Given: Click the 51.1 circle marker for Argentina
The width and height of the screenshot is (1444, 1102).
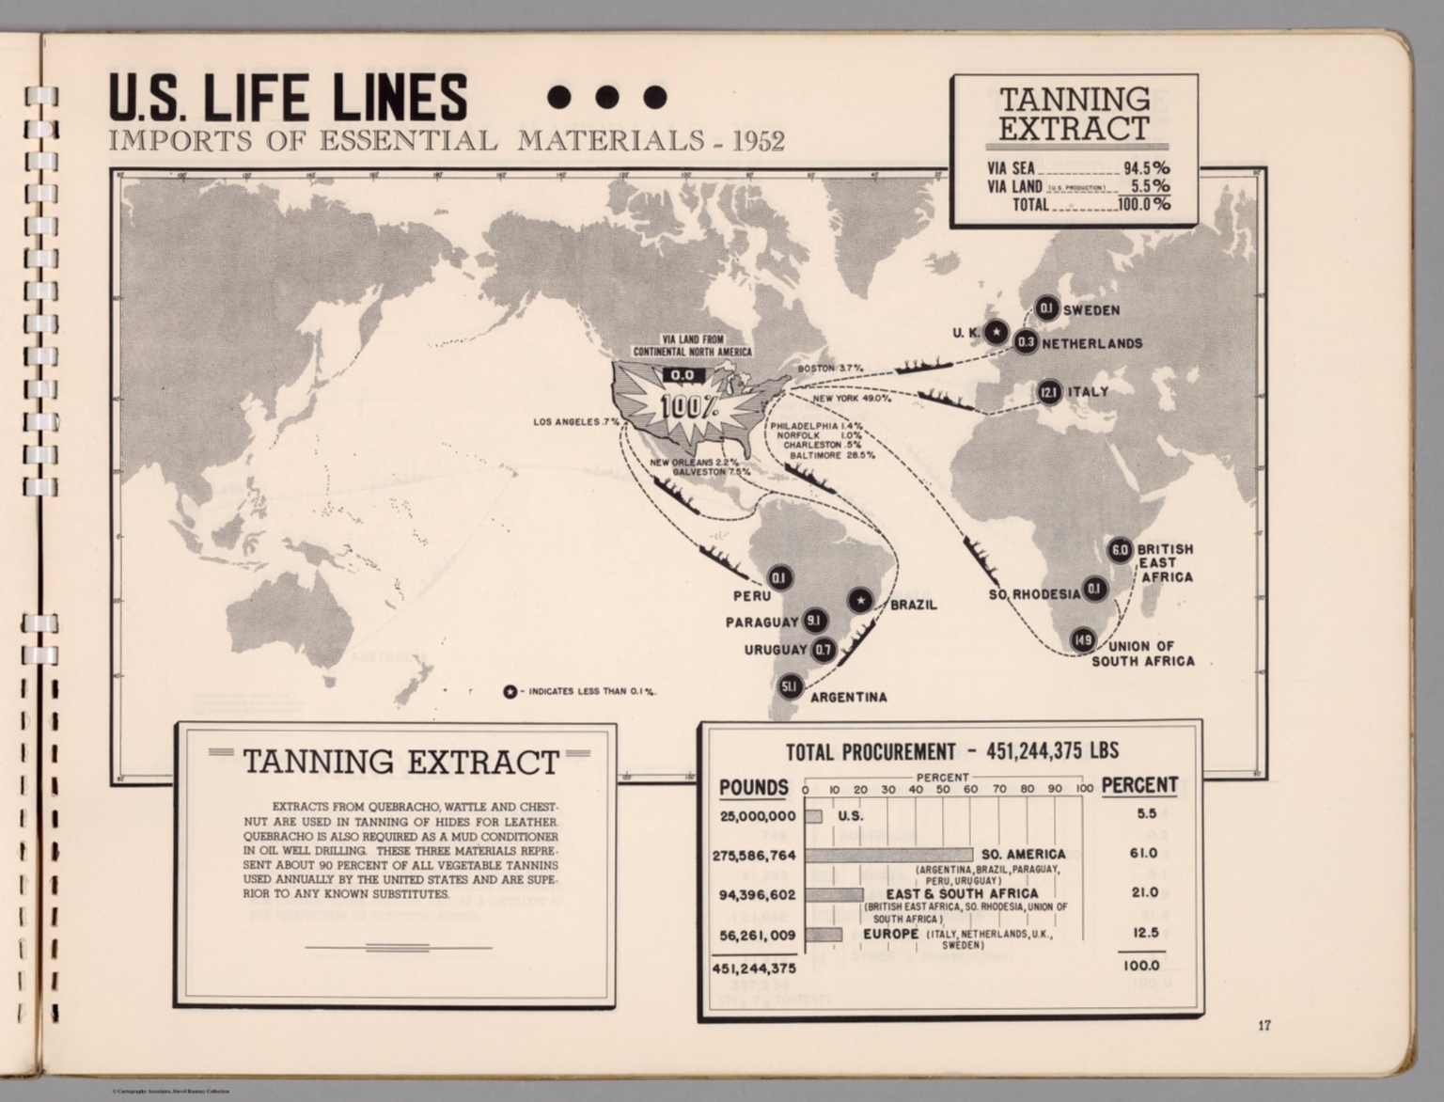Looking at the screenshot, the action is pyautogui.click(x=789, y=687).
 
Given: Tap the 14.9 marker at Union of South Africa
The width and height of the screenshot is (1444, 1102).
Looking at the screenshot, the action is pyautogui.click(x=1082, y=640).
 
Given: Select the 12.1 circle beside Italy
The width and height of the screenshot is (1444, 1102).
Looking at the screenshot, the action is pyautogui.click(x=1049, y=392).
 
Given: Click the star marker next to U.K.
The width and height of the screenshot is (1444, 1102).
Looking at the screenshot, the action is pyautogui.click(x=997, y=331).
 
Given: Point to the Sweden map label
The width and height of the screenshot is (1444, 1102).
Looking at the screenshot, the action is pyautogui.click(x=1091, y=310).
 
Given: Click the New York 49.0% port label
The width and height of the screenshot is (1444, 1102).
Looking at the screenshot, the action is pyautogui.click(x=851, y=399).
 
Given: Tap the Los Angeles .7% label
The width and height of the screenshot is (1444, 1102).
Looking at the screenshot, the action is pyautogui.click(x=575, y=422).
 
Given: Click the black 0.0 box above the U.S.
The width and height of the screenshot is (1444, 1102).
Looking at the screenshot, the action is pyautogui.click(x=682, y=374).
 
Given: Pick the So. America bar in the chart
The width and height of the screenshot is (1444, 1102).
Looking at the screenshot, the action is pyautogui.click(x=887, y=855).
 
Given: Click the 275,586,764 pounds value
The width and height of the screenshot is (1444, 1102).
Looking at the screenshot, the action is pyautogui.click(x=757, y=856).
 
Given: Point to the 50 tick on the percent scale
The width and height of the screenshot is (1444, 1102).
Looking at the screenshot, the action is pyautogui.click(x=943, y=790).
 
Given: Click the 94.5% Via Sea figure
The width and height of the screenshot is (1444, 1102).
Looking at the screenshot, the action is pyautogui.click(x=1146, y=169).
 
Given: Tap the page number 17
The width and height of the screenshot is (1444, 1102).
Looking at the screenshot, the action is pyautogui.click(x=1264, y=1025).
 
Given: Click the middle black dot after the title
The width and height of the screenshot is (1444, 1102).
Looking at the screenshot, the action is pyautogui.click(x=606, y=97).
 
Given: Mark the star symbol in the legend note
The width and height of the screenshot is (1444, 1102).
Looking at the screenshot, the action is pyautogui.click(x=510, y=692).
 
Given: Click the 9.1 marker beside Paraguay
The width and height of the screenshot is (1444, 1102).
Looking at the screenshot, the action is pyautogui.click(x=814, y=621).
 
